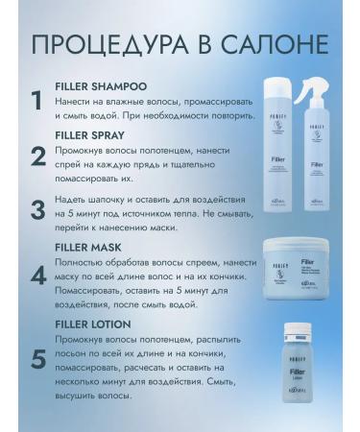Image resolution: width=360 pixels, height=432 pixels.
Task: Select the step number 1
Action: (x=36, y=99)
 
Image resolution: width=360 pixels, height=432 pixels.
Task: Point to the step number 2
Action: (x=36, y=156)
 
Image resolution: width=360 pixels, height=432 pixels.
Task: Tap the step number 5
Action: (x=36, y=359)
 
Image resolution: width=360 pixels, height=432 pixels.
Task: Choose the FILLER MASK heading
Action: (x=97, y=246)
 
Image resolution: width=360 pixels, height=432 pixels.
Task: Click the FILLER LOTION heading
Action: (x=102, y=324)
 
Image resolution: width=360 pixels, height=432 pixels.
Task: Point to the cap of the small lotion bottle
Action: (x=297, y=326)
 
